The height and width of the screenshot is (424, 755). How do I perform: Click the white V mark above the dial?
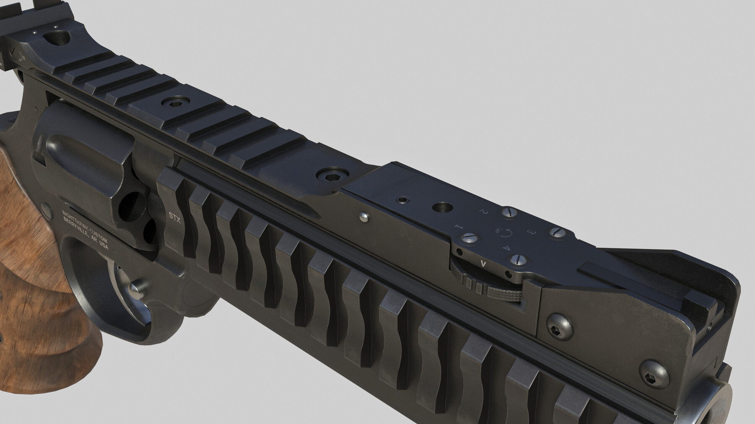pyautogui.click(x=484, y=264)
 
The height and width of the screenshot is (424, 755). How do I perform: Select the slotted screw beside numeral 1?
pyautogui.click(x=468, y=238)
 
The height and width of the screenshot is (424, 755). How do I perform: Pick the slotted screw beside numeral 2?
pyautogui.click(x=510, y=213)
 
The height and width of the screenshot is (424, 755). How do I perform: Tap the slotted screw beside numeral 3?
pyautogui.click(x=555, y=232)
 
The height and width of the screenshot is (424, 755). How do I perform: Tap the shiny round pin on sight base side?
pyautogui.click(x=363, y=216)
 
